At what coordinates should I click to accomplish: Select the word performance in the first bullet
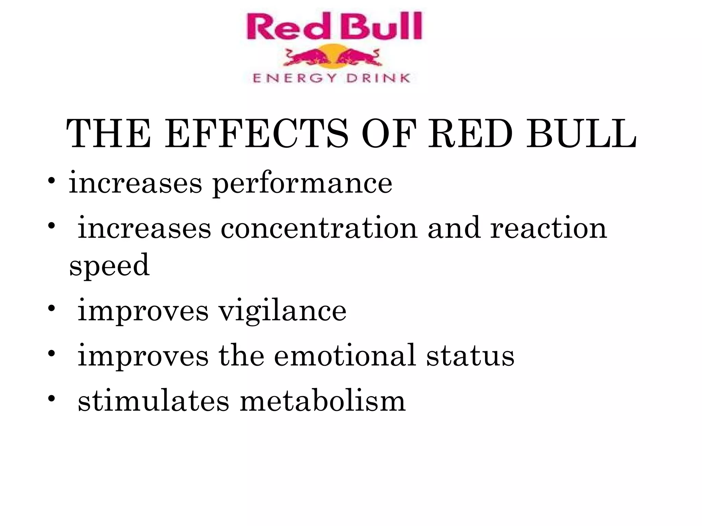(302, 184)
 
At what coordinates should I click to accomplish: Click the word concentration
(319, 228)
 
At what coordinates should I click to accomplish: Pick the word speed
(109, 266)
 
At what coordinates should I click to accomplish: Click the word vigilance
(282, 311)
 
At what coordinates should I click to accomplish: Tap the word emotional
(345, 356)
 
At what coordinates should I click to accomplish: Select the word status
(470, 356)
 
